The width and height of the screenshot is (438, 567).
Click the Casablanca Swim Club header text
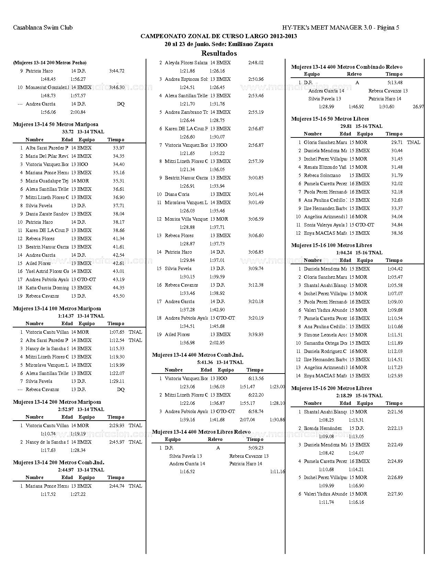pos(43,27)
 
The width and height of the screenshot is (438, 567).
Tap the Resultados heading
pos(219,53)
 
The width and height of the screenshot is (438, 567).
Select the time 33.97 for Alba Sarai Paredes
pos(119,148)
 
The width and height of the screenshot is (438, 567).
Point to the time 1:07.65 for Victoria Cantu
pos(117,332)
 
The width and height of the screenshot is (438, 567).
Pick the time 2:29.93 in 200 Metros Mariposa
pos(117,426)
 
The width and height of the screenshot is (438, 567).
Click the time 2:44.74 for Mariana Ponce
pos(117,486)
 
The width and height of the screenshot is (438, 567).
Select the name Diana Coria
pos(177,194)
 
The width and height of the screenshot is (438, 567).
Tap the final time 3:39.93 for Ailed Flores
pos(256,335)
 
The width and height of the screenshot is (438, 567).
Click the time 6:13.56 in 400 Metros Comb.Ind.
pos(256,379)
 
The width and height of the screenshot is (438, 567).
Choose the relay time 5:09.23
pos(256,448)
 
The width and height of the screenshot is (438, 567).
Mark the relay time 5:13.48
pos(395,83)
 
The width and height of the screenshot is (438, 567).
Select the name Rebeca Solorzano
pos(322,176)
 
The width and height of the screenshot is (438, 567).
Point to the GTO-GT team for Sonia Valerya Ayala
pos(365,225)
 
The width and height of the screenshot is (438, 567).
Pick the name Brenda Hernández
pos(323,429)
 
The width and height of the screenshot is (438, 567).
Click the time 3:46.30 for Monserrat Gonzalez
pos(117,88)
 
